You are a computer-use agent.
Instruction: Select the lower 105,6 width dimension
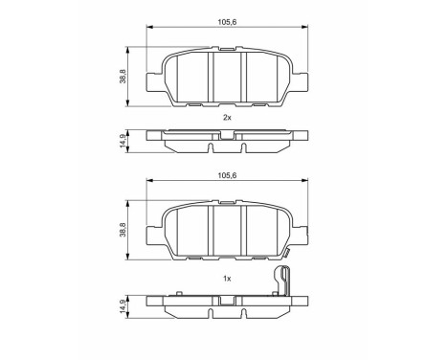227,175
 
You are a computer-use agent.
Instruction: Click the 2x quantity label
227,117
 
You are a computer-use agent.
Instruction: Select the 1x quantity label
227,278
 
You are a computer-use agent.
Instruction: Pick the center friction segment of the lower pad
228,234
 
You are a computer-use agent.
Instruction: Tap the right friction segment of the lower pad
265,234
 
